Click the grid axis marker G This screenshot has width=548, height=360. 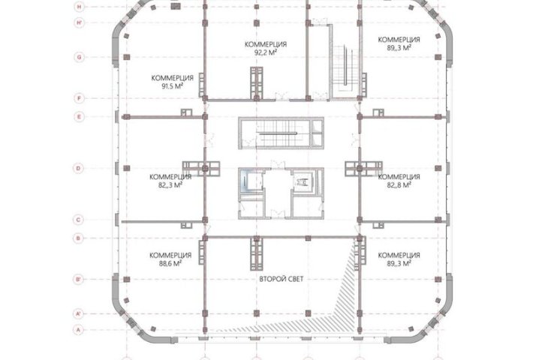[x=80, y=57]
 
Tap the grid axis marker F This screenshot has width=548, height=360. [x=80, y=98]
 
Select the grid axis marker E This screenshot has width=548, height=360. [x=80, y=116]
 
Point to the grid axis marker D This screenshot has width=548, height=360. [x=79, y=168]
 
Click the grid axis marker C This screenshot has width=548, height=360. [x=79, y=220]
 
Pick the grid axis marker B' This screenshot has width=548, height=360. [x=79, y=279]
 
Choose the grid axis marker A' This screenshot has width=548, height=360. [x=79, y=314]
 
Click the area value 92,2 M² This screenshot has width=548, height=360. [x=266, y=52]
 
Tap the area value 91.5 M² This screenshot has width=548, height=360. [x=173, y=86]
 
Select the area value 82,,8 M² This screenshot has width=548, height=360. [x=399, y=185]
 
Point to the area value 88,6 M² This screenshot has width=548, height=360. [x=170, y=264]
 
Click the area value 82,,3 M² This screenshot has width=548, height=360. [x=170, y=185]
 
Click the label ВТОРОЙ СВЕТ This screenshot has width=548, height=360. [x=282, y=279]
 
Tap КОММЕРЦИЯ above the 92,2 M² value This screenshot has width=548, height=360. [x=266, y=44]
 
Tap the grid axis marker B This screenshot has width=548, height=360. [x=79, y=238]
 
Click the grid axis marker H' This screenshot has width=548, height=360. [x=80, y=23]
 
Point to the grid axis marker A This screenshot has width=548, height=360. [x=79, y=329]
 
